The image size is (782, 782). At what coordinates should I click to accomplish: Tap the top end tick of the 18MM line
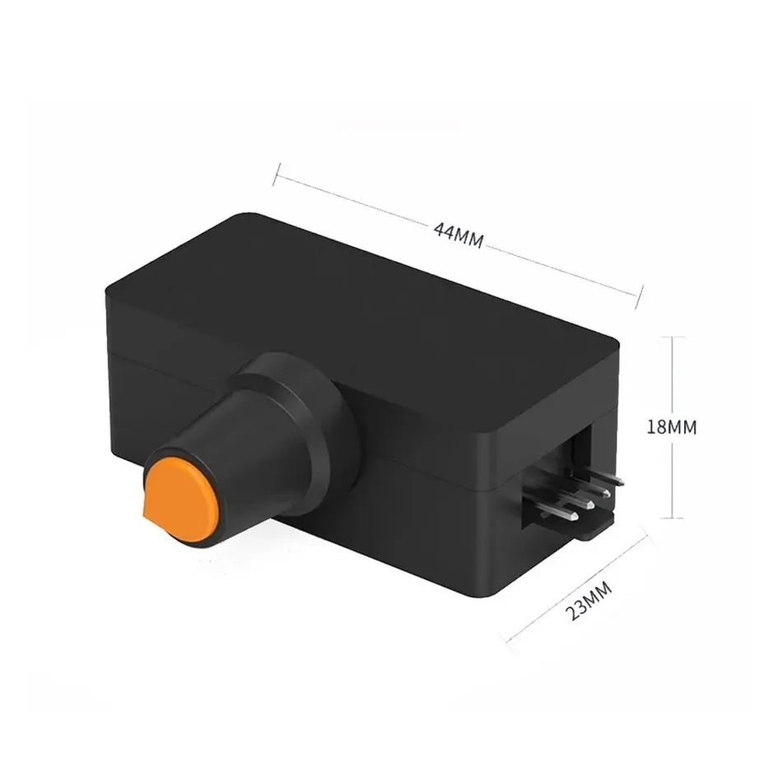[x=674, y=337]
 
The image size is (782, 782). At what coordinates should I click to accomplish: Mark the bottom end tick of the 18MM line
[x=674, y=518]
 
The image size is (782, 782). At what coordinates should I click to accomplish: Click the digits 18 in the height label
[x=657, y=427]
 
